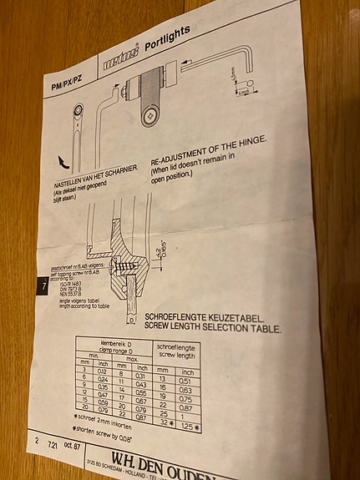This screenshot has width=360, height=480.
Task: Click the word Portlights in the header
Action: (168, 38)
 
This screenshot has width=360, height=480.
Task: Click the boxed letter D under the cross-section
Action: (132, 318)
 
